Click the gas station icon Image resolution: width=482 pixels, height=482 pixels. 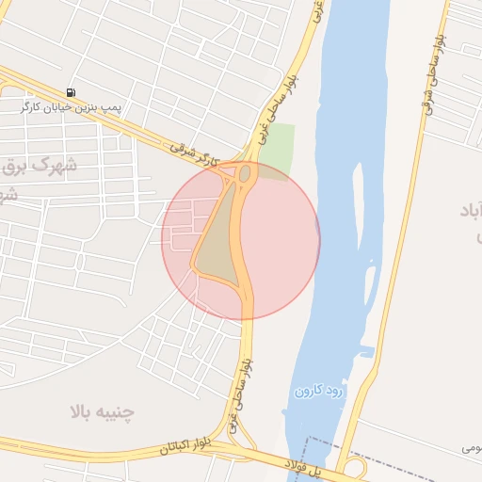(72, 92)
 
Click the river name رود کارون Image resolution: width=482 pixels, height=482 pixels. (321, 389)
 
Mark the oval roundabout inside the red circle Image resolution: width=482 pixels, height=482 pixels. (245, 173)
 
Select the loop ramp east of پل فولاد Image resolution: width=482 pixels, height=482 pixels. (356, 468)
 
